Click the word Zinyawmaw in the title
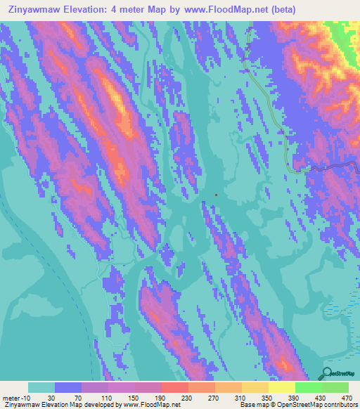33,10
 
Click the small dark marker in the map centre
216,195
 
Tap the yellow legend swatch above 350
255,387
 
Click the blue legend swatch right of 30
68,387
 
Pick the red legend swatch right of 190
175,387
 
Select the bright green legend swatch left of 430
309,387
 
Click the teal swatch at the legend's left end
41,387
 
